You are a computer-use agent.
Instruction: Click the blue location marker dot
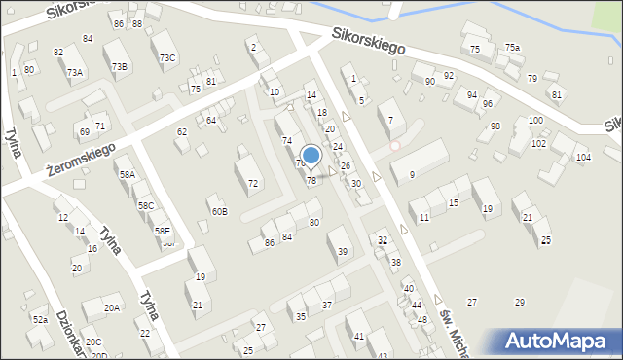tap(311, 155)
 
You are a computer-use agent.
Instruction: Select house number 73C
tap(167, 58)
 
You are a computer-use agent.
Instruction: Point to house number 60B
tap(219, 211)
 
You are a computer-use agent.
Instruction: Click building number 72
tap(253, 183)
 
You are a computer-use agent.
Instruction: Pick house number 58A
tap(128, 174)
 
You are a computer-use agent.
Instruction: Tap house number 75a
tap(512, 48)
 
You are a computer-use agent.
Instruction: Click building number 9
tap(412, 175)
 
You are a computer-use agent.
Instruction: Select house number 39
tap(343, 252)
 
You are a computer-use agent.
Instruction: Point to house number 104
tap(583, 157)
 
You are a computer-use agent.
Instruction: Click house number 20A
tap(112, 307)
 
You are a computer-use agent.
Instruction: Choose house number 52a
tap(40, 319)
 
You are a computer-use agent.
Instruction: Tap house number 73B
tap(119, 66)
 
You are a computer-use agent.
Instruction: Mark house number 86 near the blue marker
tap(269, 242)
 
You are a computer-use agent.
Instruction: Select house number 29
tap(519, 303)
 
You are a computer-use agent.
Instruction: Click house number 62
tap(181, 131)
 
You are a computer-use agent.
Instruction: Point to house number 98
tap(495, 126)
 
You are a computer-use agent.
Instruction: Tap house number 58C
tap(146, 205)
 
